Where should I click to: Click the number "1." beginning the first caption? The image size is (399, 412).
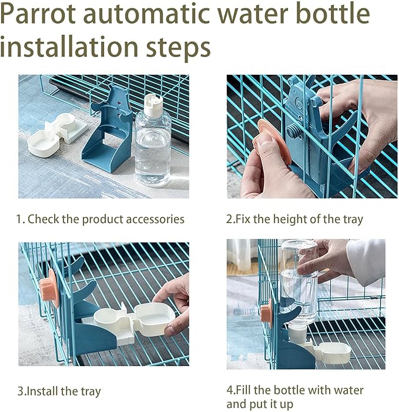point(20,220)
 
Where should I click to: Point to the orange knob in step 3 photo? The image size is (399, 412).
point(49,288)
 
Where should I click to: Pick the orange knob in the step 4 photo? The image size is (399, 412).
point(266,311)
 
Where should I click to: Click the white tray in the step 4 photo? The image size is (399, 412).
point(332,353)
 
